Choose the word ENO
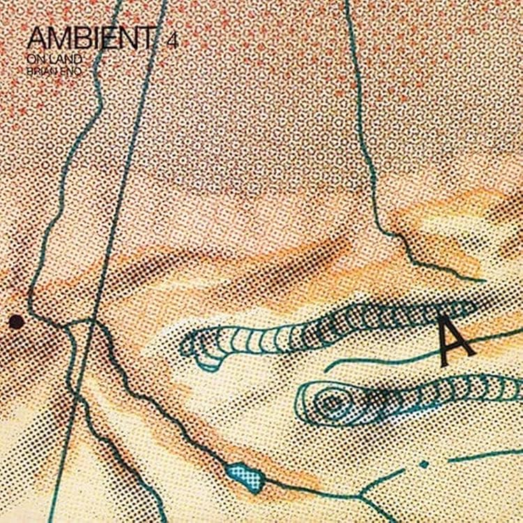point(63,70)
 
